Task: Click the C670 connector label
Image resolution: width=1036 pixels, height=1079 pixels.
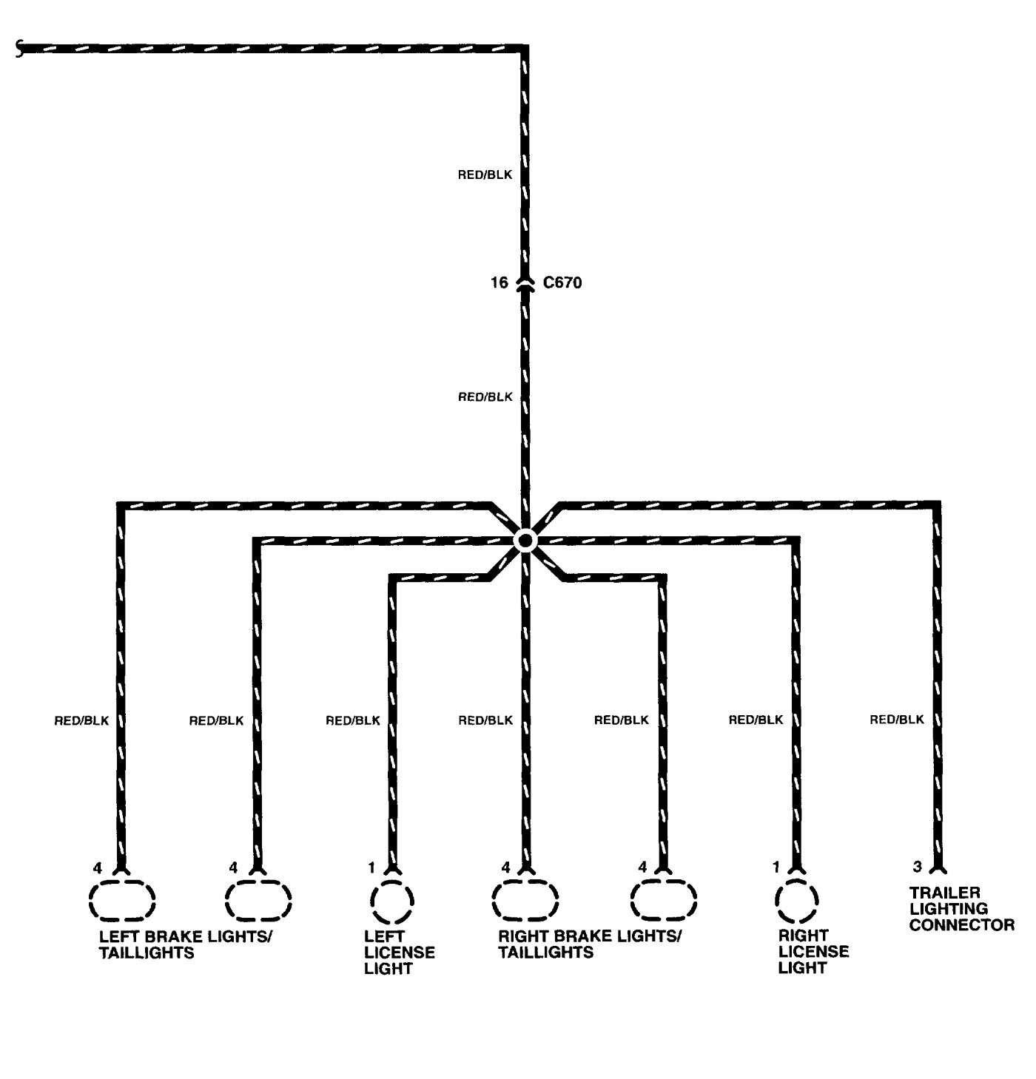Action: [562, 283]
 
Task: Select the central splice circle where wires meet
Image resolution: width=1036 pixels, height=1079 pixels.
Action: [525, 541]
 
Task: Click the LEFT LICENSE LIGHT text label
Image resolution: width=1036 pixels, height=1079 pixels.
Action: [399, 953]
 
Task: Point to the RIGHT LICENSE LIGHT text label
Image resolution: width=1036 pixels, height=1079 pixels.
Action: [813, 952]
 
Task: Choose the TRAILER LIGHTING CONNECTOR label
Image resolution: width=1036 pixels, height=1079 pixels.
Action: [961, 909]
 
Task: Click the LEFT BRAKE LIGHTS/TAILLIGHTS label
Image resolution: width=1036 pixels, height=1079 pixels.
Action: [185, 944]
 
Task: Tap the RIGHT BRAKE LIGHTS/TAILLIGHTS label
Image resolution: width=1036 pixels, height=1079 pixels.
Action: [589, 944]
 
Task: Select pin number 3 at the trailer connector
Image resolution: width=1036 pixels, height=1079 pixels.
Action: [917, 866]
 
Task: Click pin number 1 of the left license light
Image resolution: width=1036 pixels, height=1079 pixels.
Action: [371, 867]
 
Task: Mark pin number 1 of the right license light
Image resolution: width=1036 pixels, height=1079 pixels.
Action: [776, 867]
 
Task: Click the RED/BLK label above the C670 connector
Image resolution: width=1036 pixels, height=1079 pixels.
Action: [485, 175]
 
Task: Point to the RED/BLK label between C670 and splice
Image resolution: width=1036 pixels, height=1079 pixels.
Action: [485, 397]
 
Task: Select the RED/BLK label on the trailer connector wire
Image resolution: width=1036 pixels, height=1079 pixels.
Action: [897, 719]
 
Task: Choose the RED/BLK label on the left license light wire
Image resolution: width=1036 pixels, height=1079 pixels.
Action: [353, 720]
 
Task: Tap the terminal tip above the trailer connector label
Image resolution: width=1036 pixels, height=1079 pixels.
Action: [938, 867]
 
